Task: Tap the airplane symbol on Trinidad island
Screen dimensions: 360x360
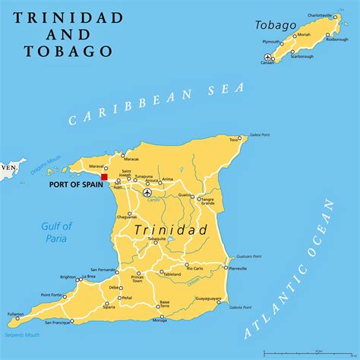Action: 147,192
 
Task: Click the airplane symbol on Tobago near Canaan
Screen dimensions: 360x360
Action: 267,57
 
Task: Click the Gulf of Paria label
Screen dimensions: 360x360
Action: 57,232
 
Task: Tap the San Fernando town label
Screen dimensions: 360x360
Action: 103,270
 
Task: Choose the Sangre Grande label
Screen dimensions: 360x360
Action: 208,202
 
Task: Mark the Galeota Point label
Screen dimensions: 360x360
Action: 240,308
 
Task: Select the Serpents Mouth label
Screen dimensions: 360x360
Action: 22,335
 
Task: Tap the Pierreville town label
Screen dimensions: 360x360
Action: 238,269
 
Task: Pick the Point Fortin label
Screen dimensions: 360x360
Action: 51,295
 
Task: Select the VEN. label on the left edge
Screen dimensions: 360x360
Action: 8,166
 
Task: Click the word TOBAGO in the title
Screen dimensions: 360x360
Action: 58,51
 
